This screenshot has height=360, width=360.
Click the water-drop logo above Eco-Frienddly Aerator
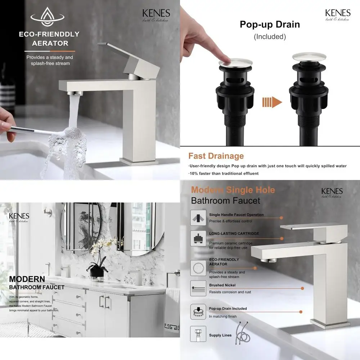(47, 17)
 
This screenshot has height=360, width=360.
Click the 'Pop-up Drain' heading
(270, 25)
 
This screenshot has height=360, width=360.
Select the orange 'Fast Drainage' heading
(216, 156)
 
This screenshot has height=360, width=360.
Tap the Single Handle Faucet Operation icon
(198, 218)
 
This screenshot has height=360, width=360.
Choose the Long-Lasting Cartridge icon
(198, 238)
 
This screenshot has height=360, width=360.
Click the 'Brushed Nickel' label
(222, 285)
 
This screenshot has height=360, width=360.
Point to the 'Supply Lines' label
(220, 335)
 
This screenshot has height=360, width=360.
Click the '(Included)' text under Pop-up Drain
(270, 36)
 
